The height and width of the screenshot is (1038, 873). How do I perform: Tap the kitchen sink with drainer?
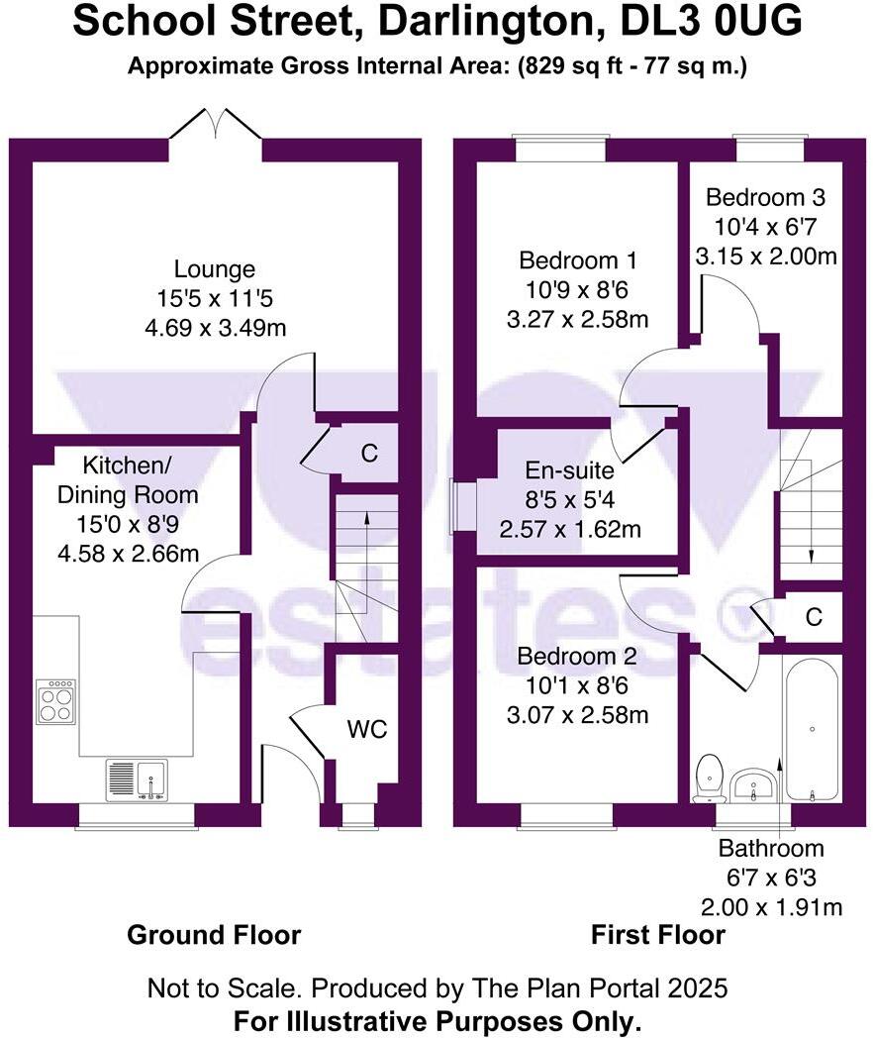pyautogui.click(x=137, y=779)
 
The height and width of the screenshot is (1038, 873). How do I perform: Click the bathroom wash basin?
pyautogui.click(x=754, y=786)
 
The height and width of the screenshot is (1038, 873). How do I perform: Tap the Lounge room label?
pyautogui.click(x=215, y=268)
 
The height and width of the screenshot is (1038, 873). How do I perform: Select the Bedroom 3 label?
pyautogui.click(x=766, y=196)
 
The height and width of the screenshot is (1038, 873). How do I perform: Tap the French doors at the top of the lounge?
pyautogui.click(x=215, y=127)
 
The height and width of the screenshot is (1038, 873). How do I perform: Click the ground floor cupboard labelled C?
pyautogui.click(x=369, y=454)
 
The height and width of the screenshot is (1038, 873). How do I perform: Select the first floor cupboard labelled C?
pyautogui.click(x=814, y=617)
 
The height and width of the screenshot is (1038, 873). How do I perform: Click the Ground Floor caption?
pyautogui.click(x=214, y=934)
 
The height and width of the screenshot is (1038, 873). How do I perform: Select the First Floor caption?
pyautogui.click(x=657, y=934)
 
